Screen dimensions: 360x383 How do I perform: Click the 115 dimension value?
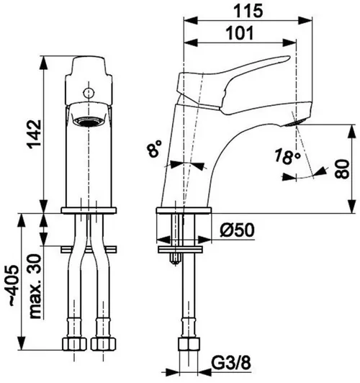coord(248,12)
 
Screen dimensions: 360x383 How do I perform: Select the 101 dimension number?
coord(240,33)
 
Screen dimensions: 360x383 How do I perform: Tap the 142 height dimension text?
coord(34,134)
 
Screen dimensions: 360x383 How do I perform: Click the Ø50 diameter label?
coord(237,230)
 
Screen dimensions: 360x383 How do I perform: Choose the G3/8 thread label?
coord(231,364)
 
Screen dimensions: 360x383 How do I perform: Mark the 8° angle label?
coord(154,148)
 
